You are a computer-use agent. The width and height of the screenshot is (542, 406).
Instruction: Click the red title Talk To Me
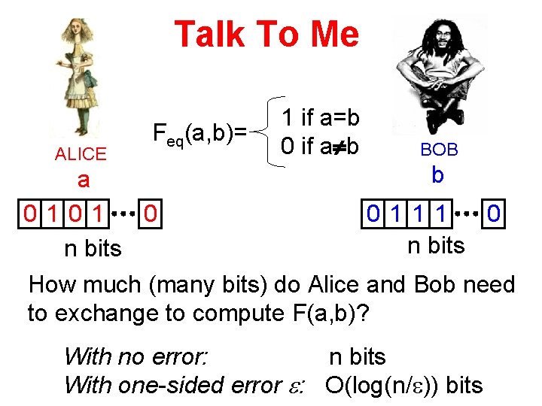click(266, 34)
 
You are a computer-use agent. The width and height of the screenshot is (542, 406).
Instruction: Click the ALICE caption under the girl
click(81, 154)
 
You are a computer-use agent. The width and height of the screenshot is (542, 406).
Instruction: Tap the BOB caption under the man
click(439, 150)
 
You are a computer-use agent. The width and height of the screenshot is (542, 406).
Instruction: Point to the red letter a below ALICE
click(84, 180)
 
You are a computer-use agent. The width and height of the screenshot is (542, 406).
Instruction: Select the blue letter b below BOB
click(437, 174)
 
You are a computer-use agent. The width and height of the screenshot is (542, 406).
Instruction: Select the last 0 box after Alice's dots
click(151, 214)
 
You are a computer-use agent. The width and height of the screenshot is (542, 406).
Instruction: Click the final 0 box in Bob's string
click(494, 214)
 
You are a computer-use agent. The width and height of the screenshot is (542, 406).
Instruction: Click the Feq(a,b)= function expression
click(199, 135)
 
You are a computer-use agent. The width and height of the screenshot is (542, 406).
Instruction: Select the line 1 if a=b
click(320, 117)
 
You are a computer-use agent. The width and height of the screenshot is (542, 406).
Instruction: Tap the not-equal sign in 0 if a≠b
click(336, 144)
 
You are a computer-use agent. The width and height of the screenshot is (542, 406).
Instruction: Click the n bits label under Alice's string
click(93, 249)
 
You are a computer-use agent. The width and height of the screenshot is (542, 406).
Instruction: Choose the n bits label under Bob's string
click(436, 246)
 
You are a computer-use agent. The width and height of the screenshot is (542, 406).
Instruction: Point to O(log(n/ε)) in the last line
click(383, 386)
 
